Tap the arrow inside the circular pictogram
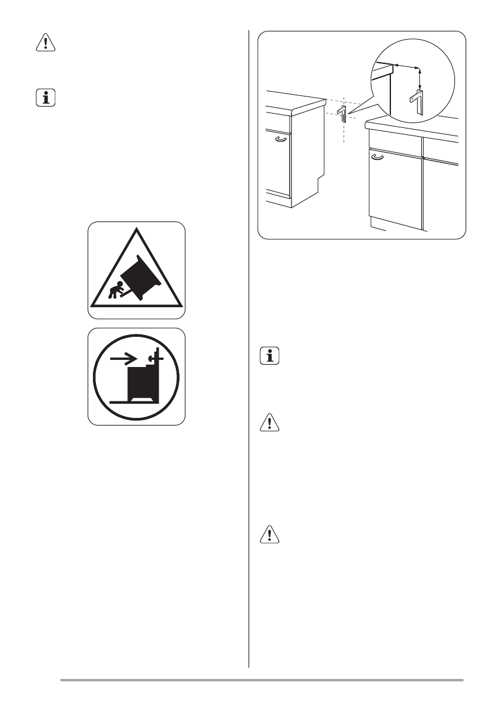coord(125,358)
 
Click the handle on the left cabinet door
coord(281,139)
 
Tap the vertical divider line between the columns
coord(248,355)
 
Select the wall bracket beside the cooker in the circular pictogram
coord(156,359)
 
